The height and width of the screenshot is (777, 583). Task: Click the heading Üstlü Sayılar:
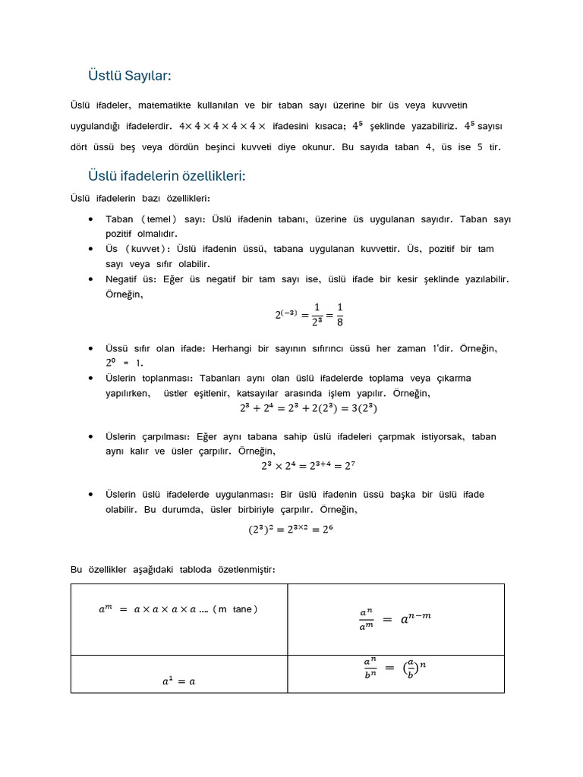130,76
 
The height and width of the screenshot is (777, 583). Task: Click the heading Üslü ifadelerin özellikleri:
167,176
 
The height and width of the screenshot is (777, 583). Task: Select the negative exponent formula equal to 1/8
309,313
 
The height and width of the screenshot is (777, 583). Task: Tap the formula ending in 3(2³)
308,408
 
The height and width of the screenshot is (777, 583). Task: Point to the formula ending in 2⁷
308,467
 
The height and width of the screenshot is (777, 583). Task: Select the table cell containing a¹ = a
178,674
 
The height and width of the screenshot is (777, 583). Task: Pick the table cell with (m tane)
178,619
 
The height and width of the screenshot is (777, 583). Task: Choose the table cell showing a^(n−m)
395,619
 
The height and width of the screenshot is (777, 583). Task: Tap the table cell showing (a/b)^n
395,674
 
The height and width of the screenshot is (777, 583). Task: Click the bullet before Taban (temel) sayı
91,219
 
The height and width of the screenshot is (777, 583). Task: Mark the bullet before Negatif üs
91,279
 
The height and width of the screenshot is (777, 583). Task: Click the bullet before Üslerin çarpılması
91,437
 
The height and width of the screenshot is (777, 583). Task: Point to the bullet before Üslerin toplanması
91,379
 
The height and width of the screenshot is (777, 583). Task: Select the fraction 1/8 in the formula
339,313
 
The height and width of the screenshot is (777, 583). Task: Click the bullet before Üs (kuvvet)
91,249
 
